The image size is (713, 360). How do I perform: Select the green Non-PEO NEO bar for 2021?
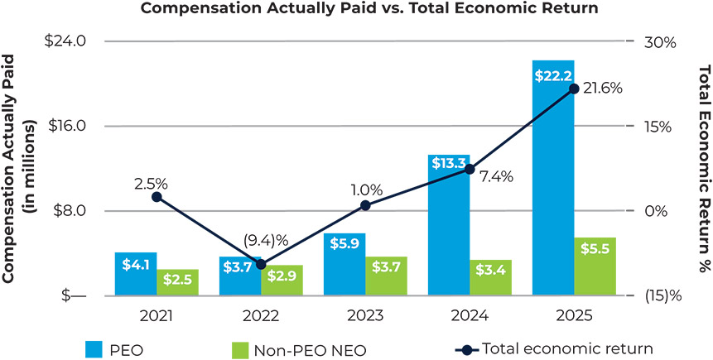178,283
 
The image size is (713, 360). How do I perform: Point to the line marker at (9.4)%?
261,264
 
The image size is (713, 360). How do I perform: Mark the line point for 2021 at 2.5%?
157,197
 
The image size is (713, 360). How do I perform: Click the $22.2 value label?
552,76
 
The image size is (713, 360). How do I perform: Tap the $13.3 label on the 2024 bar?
449,164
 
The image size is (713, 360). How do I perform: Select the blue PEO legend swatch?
93,348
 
